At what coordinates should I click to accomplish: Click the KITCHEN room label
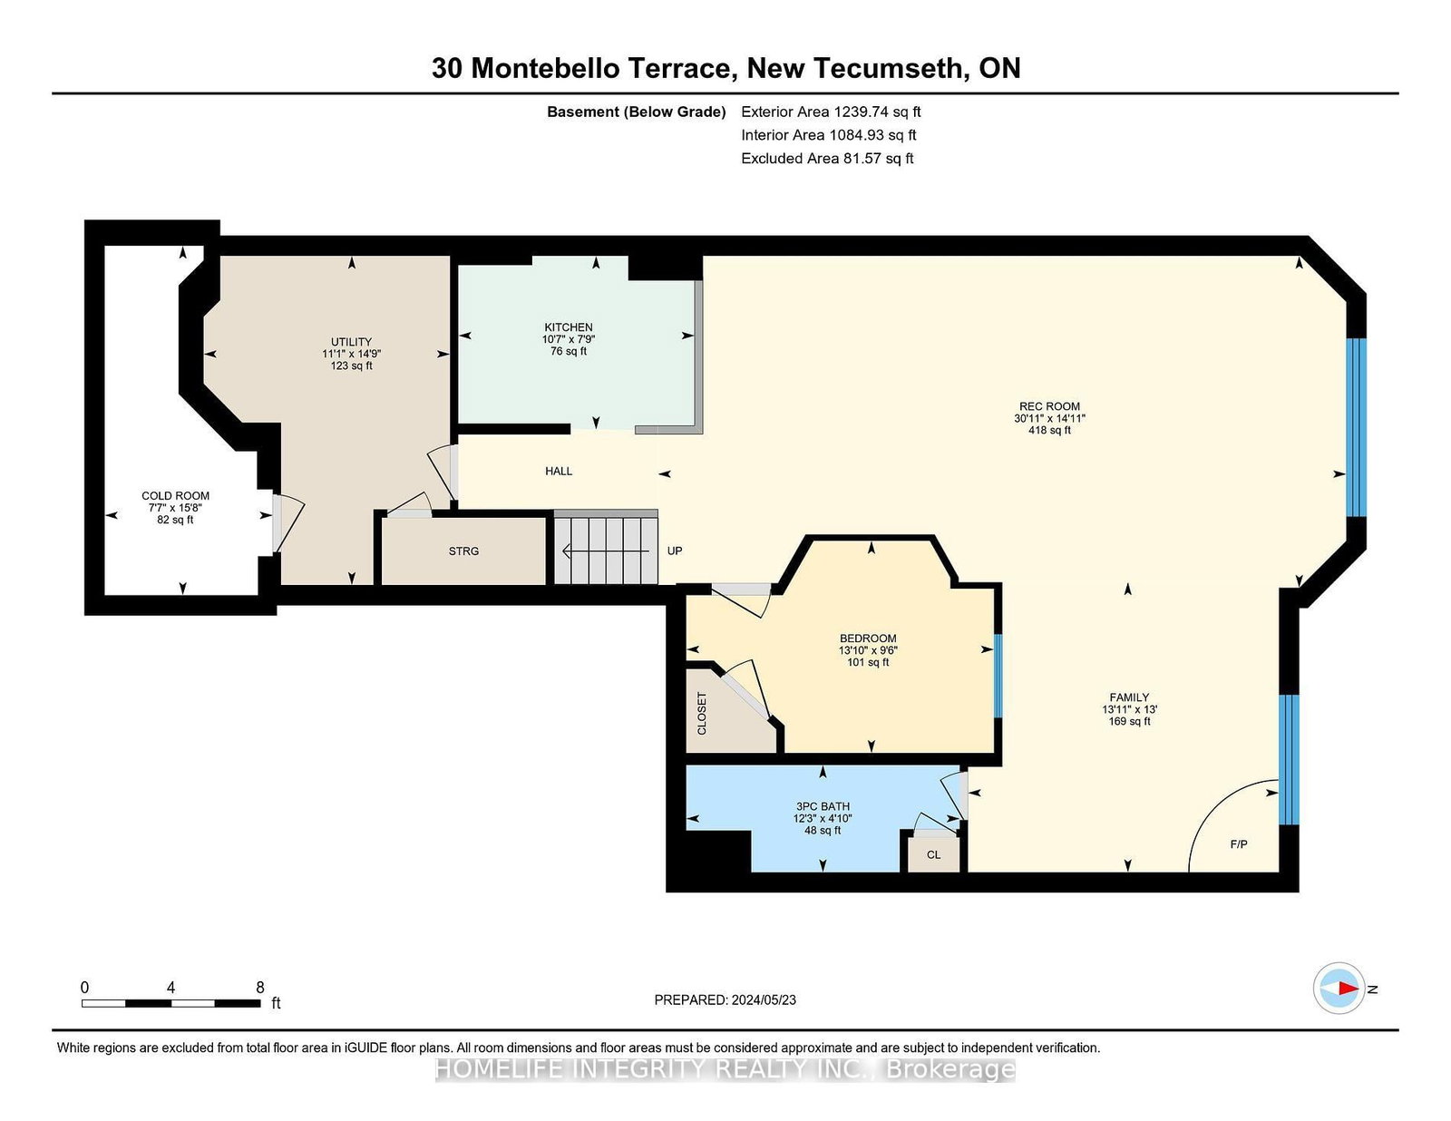point(569,327)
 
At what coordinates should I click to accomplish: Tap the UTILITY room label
point(351,342)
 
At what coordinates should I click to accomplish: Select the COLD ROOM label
point(176,495)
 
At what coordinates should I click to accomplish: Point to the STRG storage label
point(463,551)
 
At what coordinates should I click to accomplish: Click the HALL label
point(559,472)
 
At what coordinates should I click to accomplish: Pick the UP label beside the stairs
point(675,551)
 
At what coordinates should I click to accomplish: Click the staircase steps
point(607,549)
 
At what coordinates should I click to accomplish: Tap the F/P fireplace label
point(1239,844)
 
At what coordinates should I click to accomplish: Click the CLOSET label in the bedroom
point(702,714)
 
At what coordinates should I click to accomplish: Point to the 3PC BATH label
point(823,806)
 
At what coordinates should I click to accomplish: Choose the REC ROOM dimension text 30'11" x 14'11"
point(1049,419)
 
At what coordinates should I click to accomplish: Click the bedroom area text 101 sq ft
point(868,662)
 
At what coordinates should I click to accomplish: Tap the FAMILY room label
point(1129,697)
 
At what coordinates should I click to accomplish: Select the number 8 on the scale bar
point(259,988)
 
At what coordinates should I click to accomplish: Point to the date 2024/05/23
point(764,1000)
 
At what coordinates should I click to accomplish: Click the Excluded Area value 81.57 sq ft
point(879,158)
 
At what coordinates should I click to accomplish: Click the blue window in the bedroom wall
point(998,676)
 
